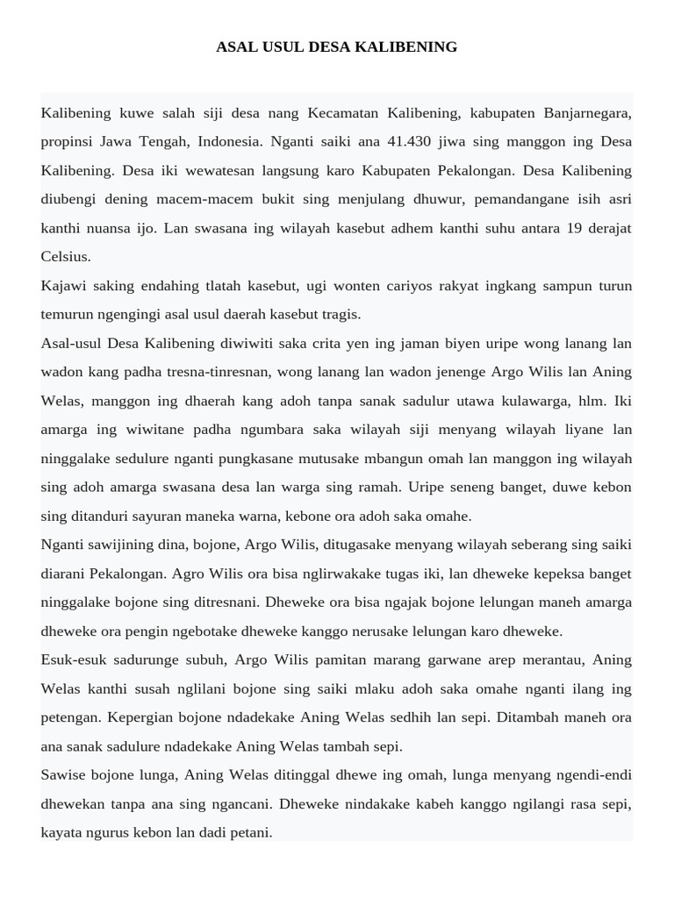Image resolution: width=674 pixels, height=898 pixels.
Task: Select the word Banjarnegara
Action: [x=587, y=113]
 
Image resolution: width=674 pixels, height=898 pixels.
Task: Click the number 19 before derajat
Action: [x=575, y=228]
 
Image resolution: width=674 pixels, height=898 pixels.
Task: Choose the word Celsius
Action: [x=66, y=257]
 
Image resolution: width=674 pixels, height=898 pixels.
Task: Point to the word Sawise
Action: [x=63, y=775]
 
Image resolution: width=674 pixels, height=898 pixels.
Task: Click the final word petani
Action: [x=250, y=832]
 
